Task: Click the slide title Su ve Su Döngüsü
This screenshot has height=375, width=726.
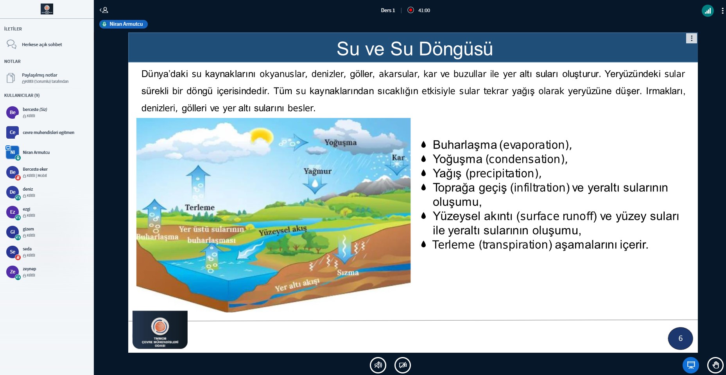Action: click(414, 49)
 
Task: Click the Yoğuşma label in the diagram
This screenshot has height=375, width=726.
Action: click(341, 143)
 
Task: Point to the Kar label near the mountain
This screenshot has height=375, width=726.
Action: click(398, 158)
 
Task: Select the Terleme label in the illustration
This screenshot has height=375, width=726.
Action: click(200, 207)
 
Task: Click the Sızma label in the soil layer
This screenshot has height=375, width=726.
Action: click(348, 273)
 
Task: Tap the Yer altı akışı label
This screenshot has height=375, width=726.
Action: click(297, 285)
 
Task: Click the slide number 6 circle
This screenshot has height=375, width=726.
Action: click(680, 338)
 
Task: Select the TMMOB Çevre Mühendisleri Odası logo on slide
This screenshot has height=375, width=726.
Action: click(160, 330)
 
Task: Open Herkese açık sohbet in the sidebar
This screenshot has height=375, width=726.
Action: click(42, 45)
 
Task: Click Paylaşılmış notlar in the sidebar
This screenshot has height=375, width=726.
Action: click(39, 75)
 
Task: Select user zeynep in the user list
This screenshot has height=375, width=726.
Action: click(29, 269)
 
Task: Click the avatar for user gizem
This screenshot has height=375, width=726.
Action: click(13, 232)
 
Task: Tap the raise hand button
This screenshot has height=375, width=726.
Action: click(715, 365)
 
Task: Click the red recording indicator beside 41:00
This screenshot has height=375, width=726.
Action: click(411, 10)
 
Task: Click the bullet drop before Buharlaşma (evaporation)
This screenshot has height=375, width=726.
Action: click(423, 145)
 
